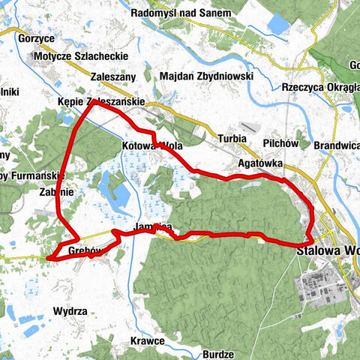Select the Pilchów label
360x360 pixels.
click(x=281, y=142)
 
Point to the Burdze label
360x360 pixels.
click(x=218, y=353)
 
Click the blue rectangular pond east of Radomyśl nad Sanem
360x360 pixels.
click(x=277, y=24)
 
